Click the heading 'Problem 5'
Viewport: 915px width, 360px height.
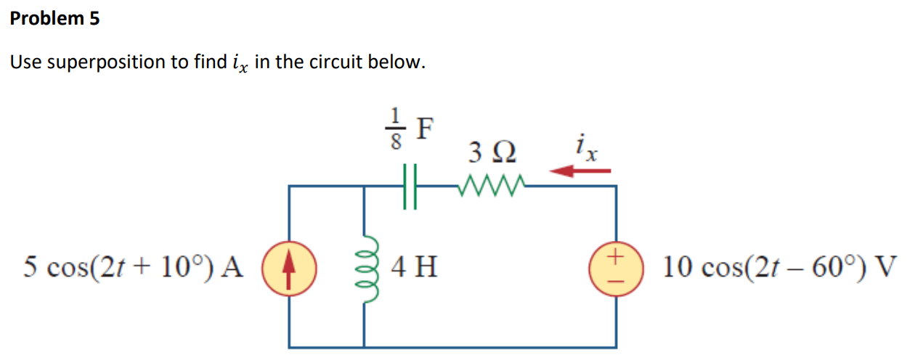tap(54, 19)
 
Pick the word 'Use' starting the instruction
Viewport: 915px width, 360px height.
tap(25, 62)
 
